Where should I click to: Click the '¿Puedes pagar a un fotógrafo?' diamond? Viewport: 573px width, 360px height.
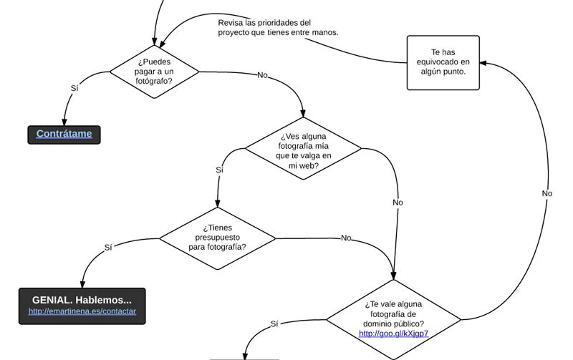[154, 72]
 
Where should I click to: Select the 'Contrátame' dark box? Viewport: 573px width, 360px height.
[64, 135]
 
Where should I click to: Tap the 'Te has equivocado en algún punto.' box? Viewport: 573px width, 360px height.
[443, 62]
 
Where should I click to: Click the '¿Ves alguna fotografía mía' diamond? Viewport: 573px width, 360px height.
[303, 148]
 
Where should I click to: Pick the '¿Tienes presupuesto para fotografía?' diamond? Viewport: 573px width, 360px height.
[218, 238]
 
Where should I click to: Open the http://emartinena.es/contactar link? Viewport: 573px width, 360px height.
[82, 311]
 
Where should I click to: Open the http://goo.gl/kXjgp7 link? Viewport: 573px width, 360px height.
[393, 334]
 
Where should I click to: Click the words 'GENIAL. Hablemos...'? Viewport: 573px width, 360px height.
[82, 300]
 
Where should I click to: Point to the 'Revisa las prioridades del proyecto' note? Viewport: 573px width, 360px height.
[278, 27]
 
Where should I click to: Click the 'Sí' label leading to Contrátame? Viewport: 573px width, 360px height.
[74, 88]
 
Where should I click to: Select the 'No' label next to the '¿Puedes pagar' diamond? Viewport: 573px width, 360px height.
[262, 75]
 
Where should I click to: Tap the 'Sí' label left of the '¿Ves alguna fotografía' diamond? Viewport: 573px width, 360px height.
[219, 170]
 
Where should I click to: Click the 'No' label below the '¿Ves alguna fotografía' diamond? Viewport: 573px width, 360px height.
[398, 203]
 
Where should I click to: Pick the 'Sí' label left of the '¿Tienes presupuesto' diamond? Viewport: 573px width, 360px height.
[108, 247]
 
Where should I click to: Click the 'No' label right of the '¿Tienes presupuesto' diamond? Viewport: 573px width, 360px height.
[346, 238]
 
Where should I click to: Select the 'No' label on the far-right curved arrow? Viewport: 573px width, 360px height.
[547, 193]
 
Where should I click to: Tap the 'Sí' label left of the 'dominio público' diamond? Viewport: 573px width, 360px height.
[274, 323]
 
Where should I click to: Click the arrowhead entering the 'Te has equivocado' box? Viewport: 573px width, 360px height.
[483, 63]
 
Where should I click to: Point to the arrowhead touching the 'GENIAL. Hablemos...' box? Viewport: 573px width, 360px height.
[82, 284]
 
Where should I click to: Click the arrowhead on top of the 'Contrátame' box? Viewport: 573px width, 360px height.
[64, 122]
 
